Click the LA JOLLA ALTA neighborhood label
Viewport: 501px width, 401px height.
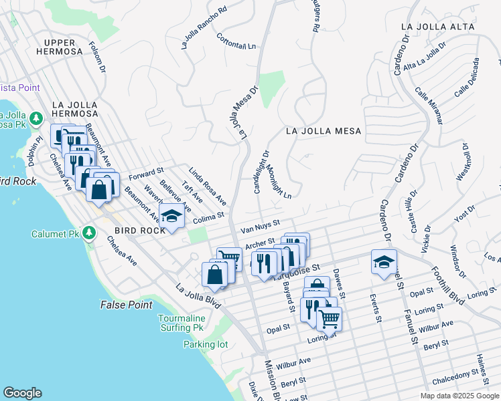[437, 27]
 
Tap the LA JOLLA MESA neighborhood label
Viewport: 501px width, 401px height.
[323, 132]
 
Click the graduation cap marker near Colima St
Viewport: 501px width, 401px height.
[172, 217]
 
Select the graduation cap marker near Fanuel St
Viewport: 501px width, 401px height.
[384, 261]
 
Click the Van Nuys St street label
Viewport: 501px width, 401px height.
[260, 227]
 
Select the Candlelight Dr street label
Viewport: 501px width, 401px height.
[261, 172]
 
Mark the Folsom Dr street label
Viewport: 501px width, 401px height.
[97, 57]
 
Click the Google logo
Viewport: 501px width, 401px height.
[22, 393]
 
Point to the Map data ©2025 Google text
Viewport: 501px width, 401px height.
[459, 396]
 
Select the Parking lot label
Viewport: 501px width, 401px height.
[206, 345]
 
